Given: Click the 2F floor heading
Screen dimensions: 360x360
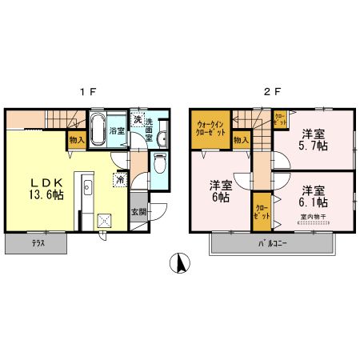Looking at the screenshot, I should click(x=272, y=90).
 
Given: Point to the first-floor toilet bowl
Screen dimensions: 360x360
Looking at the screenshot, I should click(x=158, y=166).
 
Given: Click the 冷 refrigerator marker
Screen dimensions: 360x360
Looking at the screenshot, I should click(x=120, y=181).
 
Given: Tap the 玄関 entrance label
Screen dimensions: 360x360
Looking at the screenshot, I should click(x=138, y=212).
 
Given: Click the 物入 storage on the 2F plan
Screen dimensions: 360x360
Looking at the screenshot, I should click(x=240, y=141).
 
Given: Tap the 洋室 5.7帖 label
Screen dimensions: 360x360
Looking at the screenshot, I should click(x=312, y=141).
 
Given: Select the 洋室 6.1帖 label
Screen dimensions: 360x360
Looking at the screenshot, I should click(x=314, y=197).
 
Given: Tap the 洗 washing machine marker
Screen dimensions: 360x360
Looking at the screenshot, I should click(x=138, y=120).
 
